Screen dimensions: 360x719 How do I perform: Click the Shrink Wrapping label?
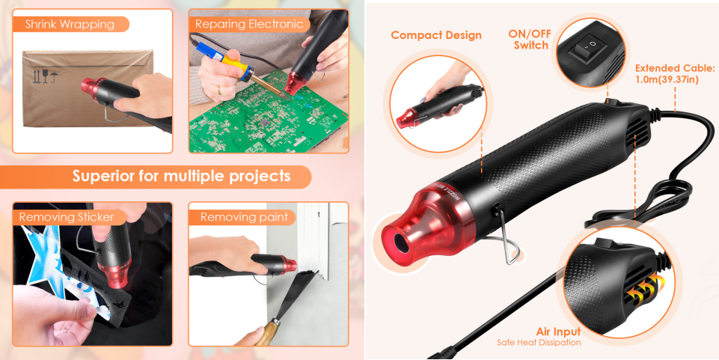[x=70, y=25]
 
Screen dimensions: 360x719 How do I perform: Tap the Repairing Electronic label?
[x=249, y=25]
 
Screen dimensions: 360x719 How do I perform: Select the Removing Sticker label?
[x=67, y=217]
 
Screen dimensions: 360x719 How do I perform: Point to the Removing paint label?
[x=244, y=217]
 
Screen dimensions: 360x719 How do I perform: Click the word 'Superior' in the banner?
[x=104, y=177]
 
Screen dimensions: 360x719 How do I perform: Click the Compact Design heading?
[x=436, y=35]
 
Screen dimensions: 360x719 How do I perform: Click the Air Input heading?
[x=558, y=331]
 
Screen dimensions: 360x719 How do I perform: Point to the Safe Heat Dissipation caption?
[x=539, y=343]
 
